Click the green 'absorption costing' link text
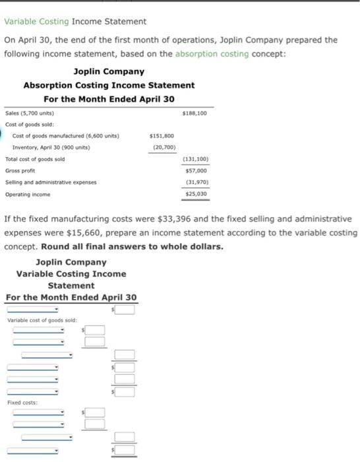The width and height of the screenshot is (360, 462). click(x=212, y=53)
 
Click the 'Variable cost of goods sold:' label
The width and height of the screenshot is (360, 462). click(x=40, y=320)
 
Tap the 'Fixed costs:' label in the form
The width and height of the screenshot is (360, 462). click(x=22, y=402)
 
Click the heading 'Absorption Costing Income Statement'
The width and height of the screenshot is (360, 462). click(x=109, y=85)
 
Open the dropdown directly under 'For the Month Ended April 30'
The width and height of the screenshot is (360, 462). click(x=33, y=309)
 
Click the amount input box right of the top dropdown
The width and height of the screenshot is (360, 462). click(x=127, y=309)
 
